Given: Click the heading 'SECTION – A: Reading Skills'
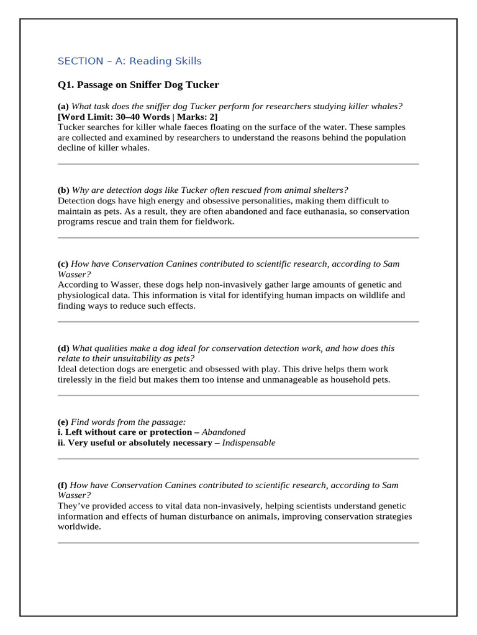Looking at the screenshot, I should [x=129, y=61].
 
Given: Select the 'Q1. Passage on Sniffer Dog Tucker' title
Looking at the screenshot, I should [x=138, y=85].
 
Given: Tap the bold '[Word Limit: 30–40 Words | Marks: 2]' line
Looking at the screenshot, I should [x=137, y=117].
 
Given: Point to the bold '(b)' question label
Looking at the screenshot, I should [x=63, y=190].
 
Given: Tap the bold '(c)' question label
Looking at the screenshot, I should [x=63, y=264].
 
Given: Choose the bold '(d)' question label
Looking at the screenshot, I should [x=63, y=348].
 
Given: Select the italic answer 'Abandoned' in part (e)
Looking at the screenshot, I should [x=224, y=432].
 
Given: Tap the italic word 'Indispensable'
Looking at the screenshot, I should [x=248, y=443].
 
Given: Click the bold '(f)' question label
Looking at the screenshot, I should [x=63, y=485].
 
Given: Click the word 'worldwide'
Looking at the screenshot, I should [x=78, y=527].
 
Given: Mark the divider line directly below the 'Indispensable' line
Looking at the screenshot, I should [x=238, y=459].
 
